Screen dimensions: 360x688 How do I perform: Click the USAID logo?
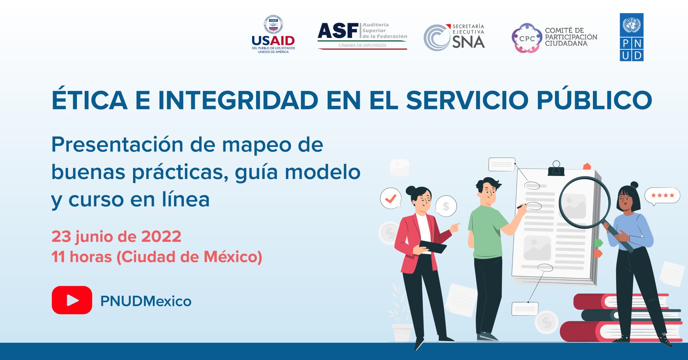pyautogui.click(x=273, y=35)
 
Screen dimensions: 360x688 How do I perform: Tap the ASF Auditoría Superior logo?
pyautogui.click(x=362, y=36)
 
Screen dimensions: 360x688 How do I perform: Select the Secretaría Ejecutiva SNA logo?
pyautogui.click(x=454, y=37)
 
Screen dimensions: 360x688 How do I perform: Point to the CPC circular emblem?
pyautogui.click(x=526, y=38)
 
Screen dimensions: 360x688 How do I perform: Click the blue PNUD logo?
pyautogui.click(x=631, y=37)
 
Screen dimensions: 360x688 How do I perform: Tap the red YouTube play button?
pyautogui.click(x=72, y=300)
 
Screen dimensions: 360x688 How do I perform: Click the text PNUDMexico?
pyautogui.click(x=146, y=301)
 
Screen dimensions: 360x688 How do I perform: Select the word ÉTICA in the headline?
pyautogui.click(x=89, y=100)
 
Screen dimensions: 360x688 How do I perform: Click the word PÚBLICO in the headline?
pyautogui.click(x=594, y=100)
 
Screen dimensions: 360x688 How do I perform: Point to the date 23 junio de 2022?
pyautogui.click(x=116, y=236)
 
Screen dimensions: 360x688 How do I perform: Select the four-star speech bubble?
pyautogui.click(x=662, y=195)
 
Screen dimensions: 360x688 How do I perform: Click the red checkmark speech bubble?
pyautogui.click(x=391, y=198)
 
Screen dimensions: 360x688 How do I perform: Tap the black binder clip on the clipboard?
pyautogui.click(x=556, y=169)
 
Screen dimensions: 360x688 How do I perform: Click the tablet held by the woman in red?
pyautogui.click(x=433, y=246)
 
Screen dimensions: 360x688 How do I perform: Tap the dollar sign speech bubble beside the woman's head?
pyautogui.click(x=446, y=206)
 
